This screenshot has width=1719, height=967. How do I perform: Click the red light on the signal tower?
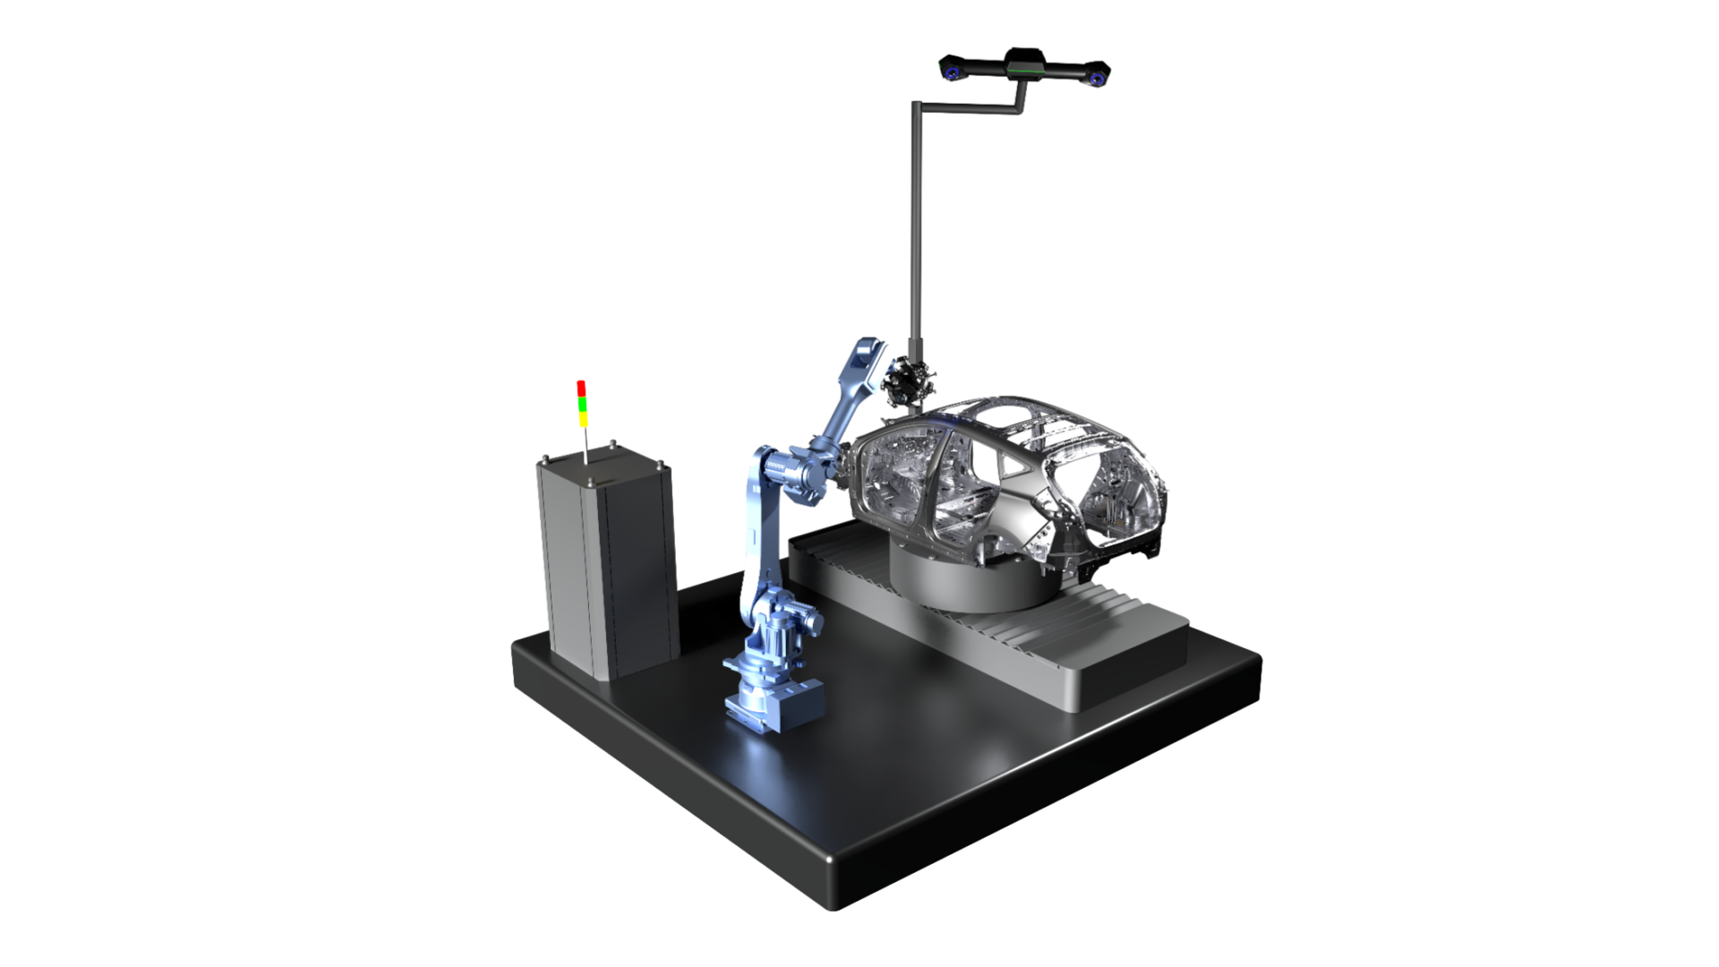[x=581, y=387]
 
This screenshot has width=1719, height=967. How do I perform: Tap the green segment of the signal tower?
[x=581, y=404]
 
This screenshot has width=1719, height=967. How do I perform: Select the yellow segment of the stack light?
[x=582, y=418]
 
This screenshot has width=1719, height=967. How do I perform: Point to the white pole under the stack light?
[x=585, y=444]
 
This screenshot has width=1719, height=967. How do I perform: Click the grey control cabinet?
[x=605, y=564]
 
